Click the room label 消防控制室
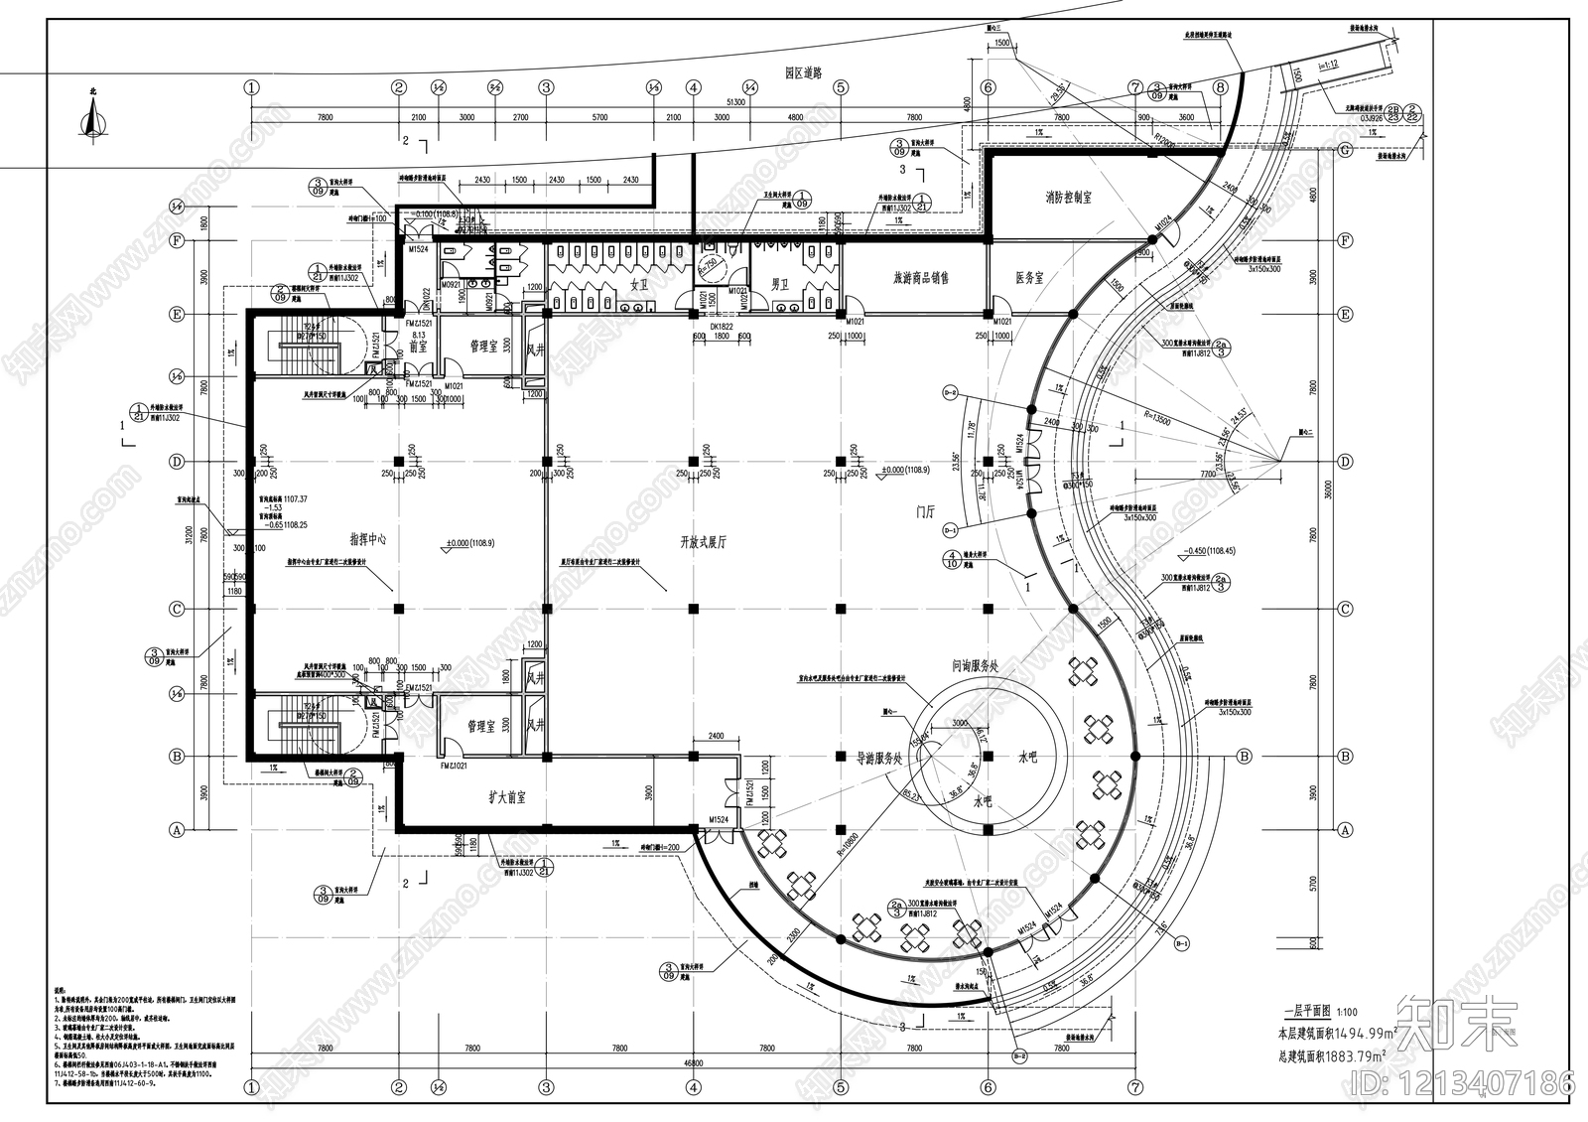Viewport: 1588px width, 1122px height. coord(1068,198)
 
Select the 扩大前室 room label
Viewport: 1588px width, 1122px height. coord(507,797)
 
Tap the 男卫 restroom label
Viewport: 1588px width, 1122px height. coord(779,284)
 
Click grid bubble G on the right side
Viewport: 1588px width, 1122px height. coord(1346,151)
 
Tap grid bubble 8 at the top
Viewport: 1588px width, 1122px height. coord(1219,87)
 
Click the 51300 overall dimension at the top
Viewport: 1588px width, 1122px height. coord(736,101)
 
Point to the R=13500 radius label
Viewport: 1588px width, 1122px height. coord(1155,421)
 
